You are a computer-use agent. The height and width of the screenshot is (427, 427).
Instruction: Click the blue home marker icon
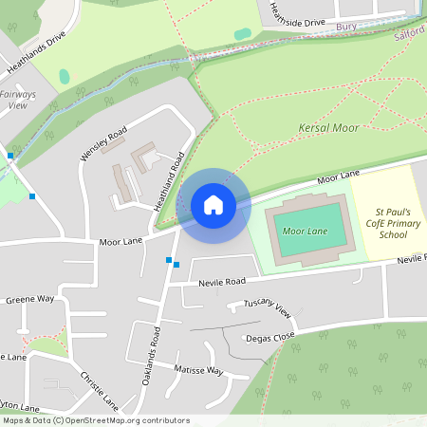point(213,205)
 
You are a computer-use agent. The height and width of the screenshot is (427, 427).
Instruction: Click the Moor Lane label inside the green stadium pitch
point(306,232)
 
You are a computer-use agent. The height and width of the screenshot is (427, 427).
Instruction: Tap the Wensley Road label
point(103,141)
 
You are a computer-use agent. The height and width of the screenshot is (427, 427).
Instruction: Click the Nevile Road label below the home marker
point(222,282)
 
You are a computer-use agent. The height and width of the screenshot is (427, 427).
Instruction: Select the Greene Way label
point(30,299)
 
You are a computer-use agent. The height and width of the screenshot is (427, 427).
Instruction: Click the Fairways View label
point(16,100)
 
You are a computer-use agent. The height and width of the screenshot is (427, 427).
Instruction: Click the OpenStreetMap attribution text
point(96,420)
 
